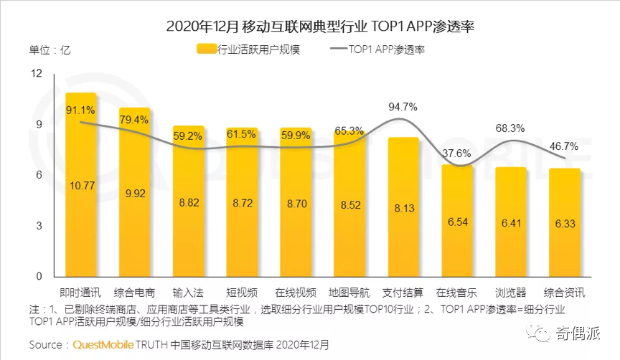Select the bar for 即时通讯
tap(81, 215)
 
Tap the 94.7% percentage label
tap(403, 107)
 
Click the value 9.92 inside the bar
tap(134, 193)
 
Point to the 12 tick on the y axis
tap(37, 73)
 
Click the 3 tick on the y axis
tap(39, 226)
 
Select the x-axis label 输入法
tap(188, 293)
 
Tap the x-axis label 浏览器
tap(510, 293)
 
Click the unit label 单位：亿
tap(50, 50)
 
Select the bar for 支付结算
tap(403, 215)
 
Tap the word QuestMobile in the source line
tap(105, 345)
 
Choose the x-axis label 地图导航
tap(349, 293)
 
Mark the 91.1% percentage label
tap(80, 110)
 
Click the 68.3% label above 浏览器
tap(510, 128)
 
